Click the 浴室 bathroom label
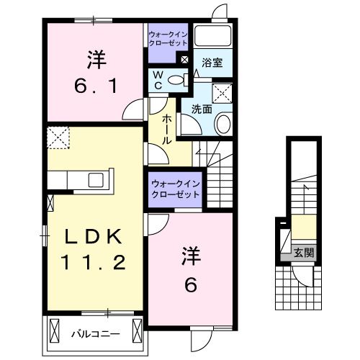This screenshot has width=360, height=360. [x=212, y=63]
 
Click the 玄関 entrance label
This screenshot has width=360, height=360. [x=304, y=252]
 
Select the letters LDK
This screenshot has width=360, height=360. [x=96, y=237]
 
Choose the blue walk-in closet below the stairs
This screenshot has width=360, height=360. [x=175, y=189]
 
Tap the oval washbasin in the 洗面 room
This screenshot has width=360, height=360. [x=222, y=123]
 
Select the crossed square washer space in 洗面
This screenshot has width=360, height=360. [x=222, y=91]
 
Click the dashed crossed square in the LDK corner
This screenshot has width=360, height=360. [x=58, y=135]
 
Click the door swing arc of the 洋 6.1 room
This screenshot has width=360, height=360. [x=133, y=112]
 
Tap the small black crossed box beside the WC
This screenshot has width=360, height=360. [x=184, y=60]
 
